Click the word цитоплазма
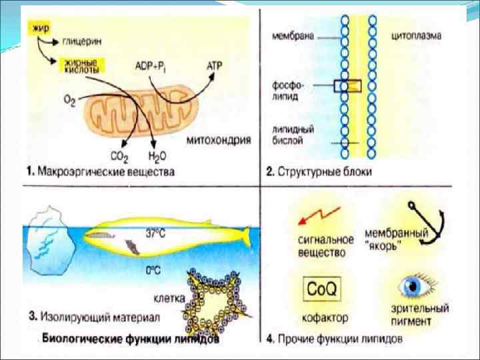pyautogui.click(x=415, y=33)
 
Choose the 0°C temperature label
pyautogui.click(x=155, y=270)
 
